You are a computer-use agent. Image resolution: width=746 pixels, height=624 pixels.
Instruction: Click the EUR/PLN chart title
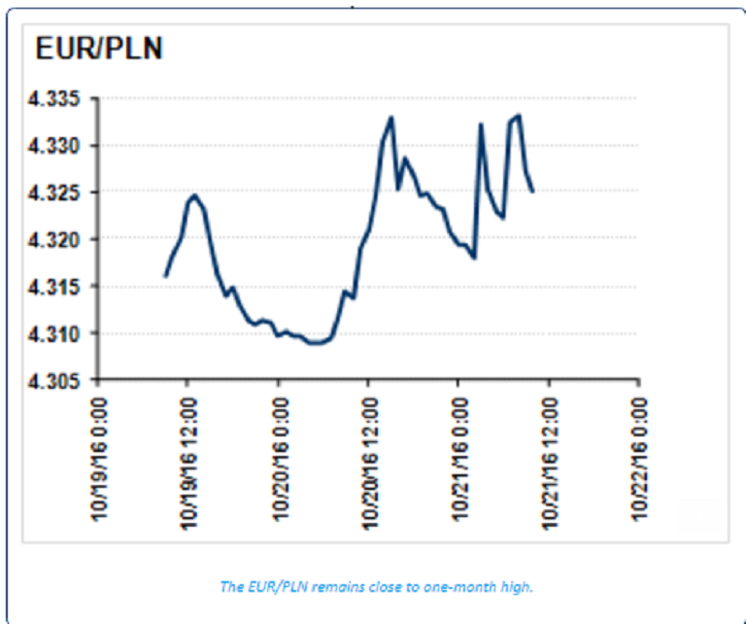click(x=99, y=49)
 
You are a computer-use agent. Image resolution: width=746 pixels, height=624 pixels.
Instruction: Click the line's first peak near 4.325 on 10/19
click(x=194, y=196)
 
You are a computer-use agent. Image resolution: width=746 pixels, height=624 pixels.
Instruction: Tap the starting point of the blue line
click(x=165, y=276)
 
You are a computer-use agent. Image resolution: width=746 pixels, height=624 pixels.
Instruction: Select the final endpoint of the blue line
click(x=532, y=191)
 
